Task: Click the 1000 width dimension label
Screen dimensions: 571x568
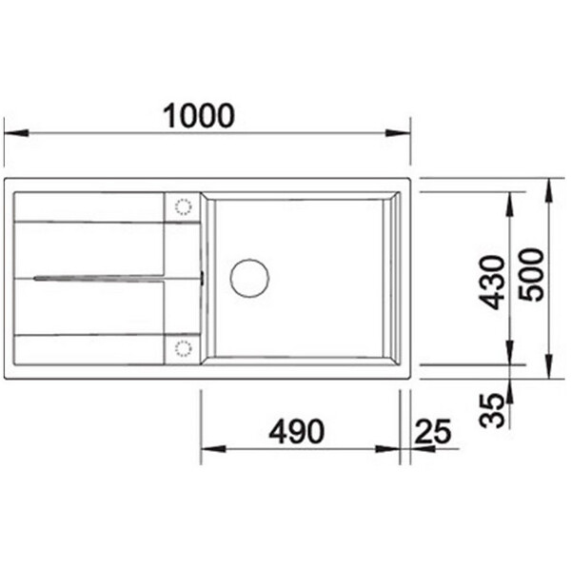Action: coord(199,116)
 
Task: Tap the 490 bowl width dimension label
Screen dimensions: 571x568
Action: coord(296,432)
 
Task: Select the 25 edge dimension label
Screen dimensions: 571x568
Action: coord(433,432)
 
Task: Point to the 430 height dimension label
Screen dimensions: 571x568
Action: coord(492,283)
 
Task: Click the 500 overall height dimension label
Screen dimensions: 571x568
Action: coord(531,275)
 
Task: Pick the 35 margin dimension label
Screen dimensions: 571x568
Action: coord(492,410)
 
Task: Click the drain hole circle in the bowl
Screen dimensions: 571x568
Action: coord(249,278)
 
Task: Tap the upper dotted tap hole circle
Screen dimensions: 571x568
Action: coord(183,206)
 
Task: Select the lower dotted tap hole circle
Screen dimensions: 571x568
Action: coord(183,348)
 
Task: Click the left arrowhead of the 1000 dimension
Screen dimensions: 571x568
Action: coord(16,133)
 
